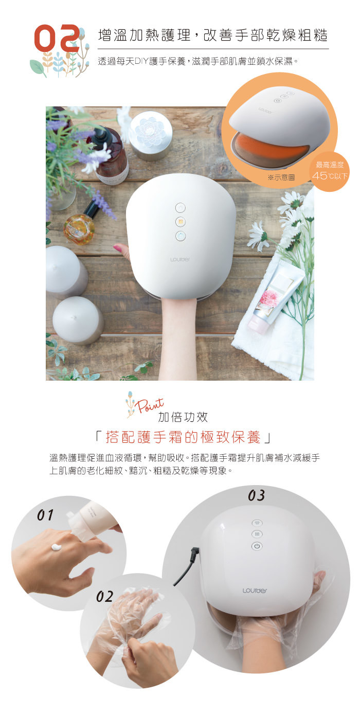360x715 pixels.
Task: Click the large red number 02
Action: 57,39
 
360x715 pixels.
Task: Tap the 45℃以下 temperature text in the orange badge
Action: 330,175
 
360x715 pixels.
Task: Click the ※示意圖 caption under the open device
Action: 281,177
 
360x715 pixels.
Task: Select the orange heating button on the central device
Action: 181,222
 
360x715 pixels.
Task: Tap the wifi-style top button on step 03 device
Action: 257,523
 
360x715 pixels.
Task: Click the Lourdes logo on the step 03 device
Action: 255,591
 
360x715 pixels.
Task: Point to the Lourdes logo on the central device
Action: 179,259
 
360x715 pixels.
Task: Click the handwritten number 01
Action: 45,515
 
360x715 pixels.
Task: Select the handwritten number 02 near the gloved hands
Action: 105,597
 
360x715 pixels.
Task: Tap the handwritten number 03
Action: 256,495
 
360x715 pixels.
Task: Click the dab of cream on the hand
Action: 58,547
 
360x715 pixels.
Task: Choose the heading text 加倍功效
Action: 183,417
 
